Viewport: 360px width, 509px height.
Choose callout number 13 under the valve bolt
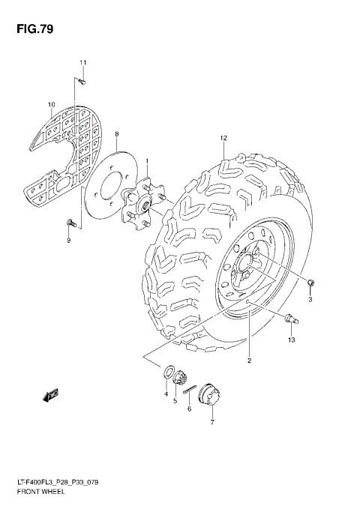point(292,340)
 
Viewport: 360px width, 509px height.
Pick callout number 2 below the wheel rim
point(249,361)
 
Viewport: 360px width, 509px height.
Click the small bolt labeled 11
point(82,80)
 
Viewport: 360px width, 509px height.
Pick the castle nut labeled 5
point(181,382)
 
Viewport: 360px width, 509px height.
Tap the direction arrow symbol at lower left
point(52,393)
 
